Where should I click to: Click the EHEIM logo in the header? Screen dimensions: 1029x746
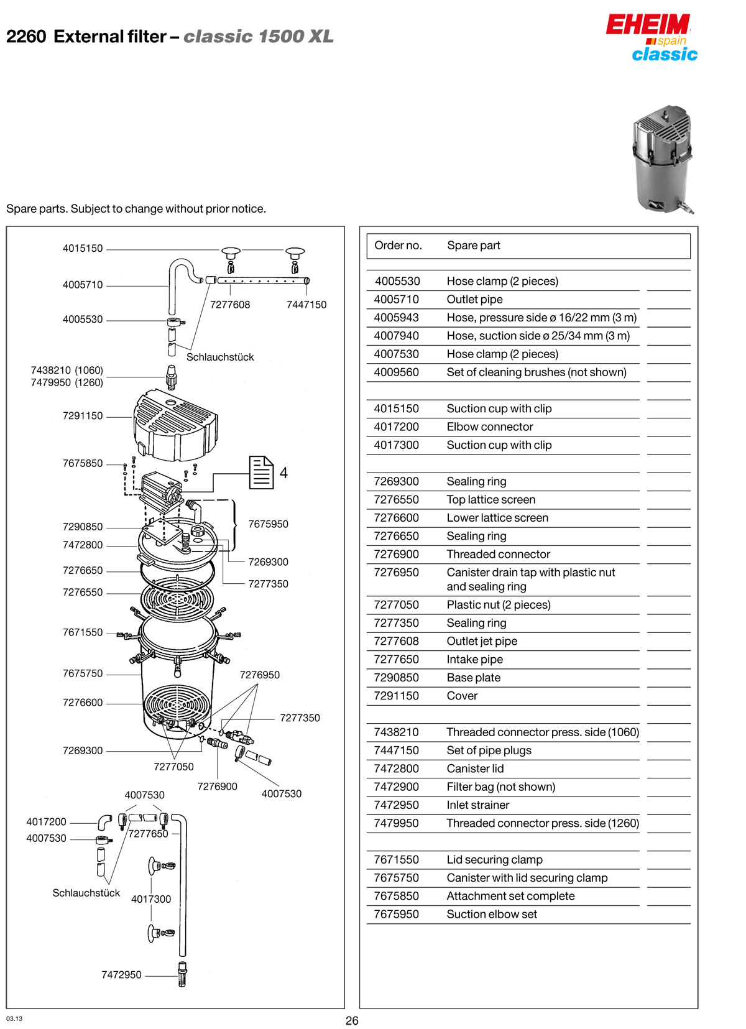(x=647, y=25)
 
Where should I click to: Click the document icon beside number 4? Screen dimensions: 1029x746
(x=261, y=473)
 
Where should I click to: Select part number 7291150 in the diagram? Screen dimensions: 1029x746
(x=83, y=416)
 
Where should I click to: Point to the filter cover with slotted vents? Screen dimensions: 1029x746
(x=175, y=426)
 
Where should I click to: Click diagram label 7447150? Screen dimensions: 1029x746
(x=306, y=305)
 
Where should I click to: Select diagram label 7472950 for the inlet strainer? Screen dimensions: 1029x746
(x=121, y=975)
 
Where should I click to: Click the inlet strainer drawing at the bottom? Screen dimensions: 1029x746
(x=182, y=974)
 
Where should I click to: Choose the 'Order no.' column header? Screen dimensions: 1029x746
(x=398, y=246)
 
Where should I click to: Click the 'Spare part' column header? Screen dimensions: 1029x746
(x=474, y=246)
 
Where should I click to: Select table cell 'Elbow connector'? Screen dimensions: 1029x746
(x=490, y=427)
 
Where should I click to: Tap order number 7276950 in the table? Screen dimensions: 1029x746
(x=396, y=572)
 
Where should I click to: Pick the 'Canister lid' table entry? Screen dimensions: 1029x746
(x=475, y=768)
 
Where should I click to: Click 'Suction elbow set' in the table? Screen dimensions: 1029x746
(x=492, y=914)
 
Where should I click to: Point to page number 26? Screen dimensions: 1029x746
(x=352, y=1021)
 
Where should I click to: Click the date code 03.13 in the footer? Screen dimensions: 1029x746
(x=14, y=1018)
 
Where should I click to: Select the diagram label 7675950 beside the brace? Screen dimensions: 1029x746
(x=268, y=524)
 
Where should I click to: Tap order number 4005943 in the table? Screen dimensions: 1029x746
(x=396, y=317)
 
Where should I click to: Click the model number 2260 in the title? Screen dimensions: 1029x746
(x=26, y=37)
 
